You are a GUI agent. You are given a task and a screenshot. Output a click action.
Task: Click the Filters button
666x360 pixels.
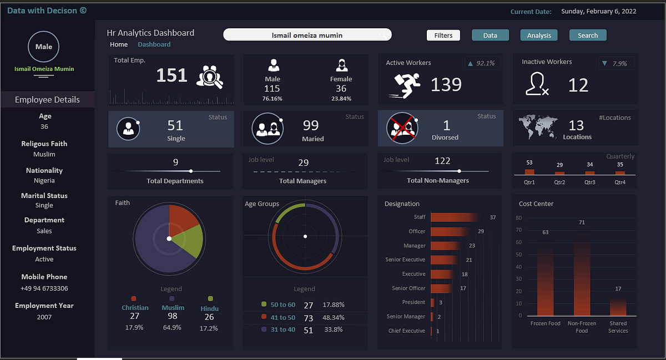click(x=443, y=36)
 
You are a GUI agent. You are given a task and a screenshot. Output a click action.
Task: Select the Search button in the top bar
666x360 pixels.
click(x=588, y=36)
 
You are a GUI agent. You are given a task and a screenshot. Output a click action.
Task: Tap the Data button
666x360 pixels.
click(x=490, y=36)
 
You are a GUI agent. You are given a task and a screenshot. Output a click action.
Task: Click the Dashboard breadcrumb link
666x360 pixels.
click(x=154, y=44)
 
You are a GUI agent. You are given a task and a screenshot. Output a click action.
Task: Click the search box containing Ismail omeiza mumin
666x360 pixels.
click(x=307, y=35)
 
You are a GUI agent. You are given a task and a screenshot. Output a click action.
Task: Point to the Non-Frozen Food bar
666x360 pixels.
click(x=582, y=272)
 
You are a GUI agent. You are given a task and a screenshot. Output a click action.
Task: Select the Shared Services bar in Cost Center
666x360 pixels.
click(x=618, y=305)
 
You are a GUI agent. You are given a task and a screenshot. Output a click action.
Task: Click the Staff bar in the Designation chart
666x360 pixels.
click(x=455, y=217)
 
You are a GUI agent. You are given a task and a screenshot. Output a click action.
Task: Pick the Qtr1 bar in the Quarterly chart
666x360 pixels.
click(x=529, y=171)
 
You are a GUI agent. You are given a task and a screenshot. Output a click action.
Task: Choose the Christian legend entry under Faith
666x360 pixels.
click(x=135, y=307)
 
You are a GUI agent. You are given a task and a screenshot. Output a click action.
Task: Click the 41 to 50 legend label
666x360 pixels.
click(x=282, y=318)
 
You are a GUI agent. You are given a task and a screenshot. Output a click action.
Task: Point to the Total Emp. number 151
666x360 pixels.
click(x=172, y=75)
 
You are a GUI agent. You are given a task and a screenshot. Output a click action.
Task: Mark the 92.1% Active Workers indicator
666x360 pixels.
click(x=481, y=63)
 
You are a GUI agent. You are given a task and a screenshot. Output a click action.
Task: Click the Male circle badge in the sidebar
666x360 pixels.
click(x=44, y=47)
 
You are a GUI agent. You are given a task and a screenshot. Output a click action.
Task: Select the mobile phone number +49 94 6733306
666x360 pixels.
click(x=44, y=288)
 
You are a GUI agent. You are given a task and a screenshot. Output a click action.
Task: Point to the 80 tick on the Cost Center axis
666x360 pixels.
click(x=518, y=218)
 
